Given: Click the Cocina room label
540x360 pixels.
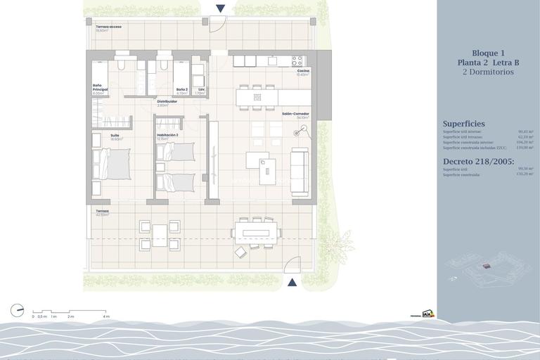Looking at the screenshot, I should coord(303,71).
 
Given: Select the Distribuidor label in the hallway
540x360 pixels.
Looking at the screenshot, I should coord(167,101).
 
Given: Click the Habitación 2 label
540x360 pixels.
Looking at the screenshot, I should coord(167,135).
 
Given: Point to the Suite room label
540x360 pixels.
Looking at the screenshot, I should coord(115,135).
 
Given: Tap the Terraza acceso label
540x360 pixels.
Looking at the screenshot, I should coord(108,27).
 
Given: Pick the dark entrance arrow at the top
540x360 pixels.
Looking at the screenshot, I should coord(221,8).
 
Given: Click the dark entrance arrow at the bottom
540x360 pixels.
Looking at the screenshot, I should coord(292,282).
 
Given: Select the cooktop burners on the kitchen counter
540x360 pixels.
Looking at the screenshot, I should coord(297,61).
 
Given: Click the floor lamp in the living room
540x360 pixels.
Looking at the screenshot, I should coord(302,129).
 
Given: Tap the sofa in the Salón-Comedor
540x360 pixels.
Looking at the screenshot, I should coord(300,172).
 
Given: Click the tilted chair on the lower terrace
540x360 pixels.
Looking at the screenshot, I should coord(241,251).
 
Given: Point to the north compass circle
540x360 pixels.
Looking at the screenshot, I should coord(17,310).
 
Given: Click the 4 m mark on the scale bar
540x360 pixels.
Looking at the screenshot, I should coord(106,316).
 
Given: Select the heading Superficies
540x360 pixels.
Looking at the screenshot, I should coord(463,124).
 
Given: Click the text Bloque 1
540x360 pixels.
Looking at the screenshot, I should coord(488,53).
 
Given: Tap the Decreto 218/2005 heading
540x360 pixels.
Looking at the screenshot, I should coord(478,161).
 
